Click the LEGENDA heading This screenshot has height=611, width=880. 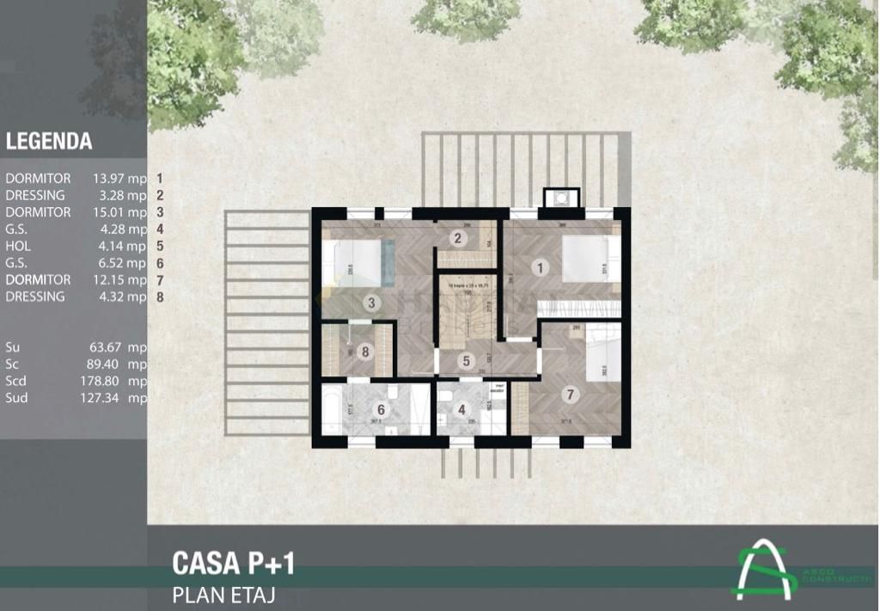pyautogui.click(x=49, y=142)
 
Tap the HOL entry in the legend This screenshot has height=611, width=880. pyautogui.click(x=18, y=246)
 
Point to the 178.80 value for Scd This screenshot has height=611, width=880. pyautogui.click(x=109, y=381)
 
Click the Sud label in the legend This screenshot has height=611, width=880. pyautogui.click(x=16, y=398)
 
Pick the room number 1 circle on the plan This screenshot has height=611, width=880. pyautogui.click(x=540, y=267)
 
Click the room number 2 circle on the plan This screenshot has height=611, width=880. pyautogui.click(x=458, y=239)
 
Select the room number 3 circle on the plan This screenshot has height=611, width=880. pyautogui.click(x=371, y=302)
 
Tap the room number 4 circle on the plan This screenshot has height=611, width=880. pyautogui.click(x=461, y=410)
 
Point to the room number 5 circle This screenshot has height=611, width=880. pyautogui.click(x=465, y=362)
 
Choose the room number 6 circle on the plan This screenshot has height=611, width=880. pyautogui.click(x=381, y=410)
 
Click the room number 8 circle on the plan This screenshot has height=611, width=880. pyautogui.click(x=365, y=351)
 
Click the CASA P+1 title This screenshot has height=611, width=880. pyautogui.click(x=233, y=563)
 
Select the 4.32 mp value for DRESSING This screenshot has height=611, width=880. pyautogui.click(x=120, y=296)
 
